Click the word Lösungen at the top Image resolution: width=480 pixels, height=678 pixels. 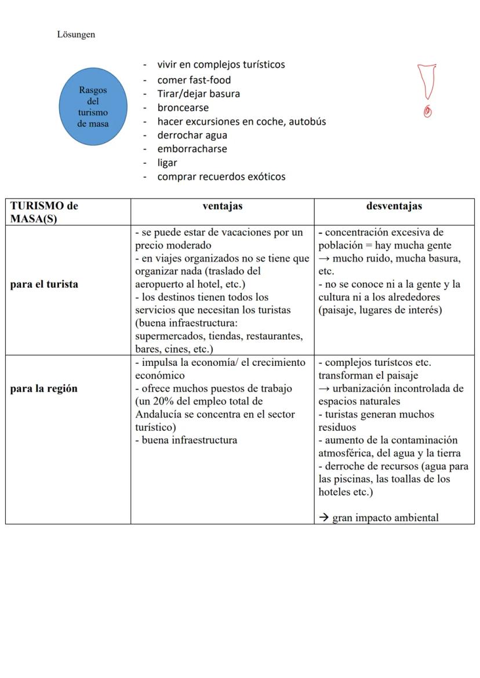click(76, 35)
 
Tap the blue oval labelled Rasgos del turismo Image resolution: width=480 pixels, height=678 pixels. click(93, 107)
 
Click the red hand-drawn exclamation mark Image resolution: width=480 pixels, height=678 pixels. click(427, 90)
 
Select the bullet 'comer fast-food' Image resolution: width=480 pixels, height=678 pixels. click(194, 80)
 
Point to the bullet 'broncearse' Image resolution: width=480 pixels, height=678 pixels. click(183, 108)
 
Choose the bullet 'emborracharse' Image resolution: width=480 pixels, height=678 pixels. click(192, 149)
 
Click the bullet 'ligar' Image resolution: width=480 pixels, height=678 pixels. click(167, 163)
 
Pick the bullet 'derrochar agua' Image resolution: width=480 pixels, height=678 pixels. click(192, 135)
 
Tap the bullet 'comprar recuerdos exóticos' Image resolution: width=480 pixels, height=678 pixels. click(221, 177)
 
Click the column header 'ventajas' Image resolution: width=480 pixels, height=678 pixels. click(222, 206)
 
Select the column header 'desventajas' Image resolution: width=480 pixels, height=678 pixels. click(394, 206)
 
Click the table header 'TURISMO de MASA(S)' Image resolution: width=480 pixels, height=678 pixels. click(44, 212)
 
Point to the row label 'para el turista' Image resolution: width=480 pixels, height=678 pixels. click(44, 284)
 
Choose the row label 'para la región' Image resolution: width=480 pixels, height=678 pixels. click(43, 389)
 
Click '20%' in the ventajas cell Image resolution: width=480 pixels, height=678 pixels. click(165, 401)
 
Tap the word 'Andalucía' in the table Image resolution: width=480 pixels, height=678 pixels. click(158, 414)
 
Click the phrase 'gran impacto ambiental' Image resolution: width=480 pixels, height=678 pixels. click(385, 518)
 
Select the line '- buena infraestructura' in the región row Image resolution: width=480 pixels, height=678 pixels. click(186, 439)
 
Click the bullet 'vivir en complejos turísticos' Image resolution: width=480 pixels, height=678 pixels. click(221, 65)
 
